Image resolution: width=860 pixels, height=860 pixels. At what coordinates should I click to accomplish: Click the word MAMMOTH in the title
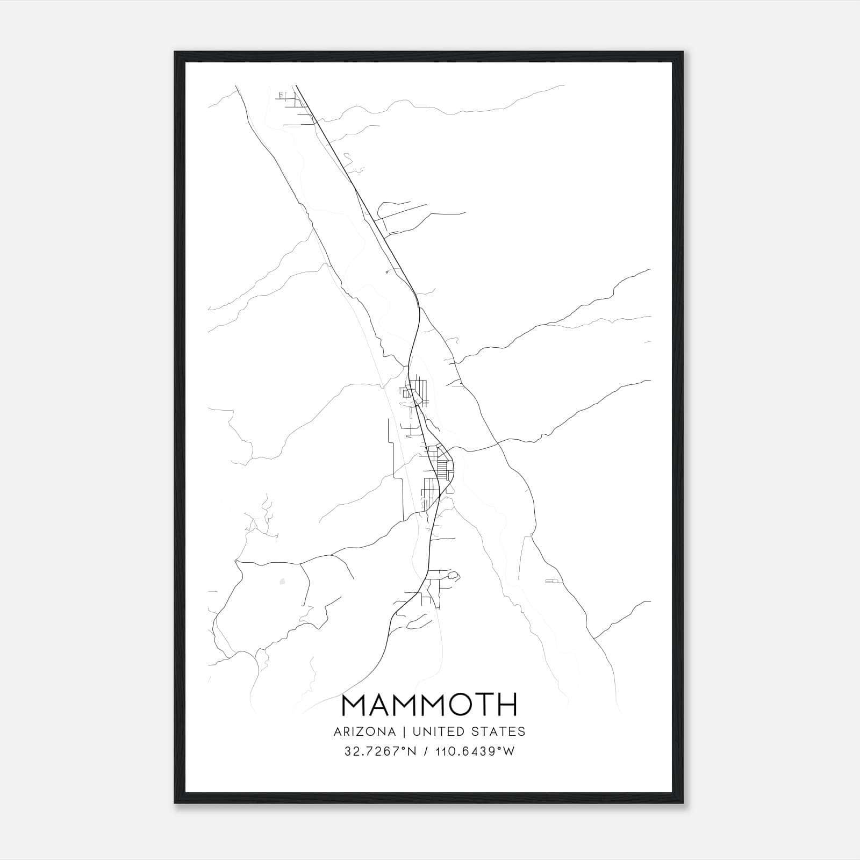(x=429, y=705)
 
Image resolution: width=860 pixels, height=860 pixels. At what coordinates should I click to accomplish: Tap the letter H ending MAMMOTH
(x=507, y=705)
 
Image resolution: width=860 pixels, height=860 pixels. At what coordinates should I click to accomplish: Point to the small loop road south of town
(x=453, y=576)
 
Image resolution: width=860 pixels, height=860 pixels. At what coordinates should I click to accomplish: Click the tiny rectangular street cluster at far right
(x=551, y=581)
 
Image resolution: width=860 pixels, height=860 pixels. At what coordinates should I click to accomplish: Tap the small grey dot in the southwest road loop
(x=283, y=581)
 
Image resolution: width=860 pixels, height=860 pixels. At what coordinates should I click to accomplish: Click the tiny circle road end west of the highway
(x=387, y=273)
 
